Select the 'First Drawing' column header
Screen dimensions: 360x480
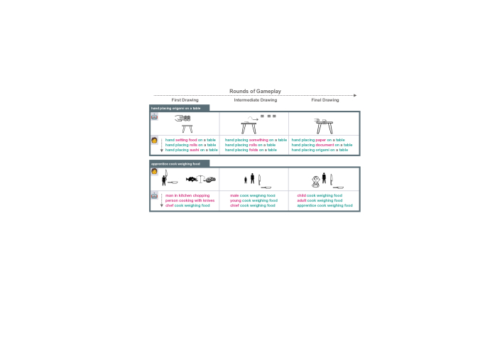point(185,100)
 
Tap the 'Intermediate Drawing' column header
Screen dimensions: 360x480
point(256,100)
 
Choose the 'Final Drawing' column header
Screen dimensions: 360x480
point(325,100)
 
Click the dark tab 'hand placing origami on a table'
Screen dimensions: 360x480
point(176,108)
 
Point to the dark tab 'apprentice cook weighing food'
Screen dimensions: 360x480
point(176,163)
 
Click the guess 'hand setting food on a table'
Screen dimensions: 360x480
point(190,140)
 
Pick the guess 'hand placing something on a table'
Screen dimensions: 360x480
point(256,140)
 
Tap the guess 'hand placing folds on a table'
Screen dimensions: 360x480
point(251,150)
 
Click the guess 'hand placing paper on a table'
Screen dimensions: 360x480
point(318,140)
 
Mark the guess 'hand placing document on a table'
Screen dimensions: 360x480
point(322,145)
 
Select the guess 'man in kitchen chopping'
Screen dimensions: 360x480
point(187,195)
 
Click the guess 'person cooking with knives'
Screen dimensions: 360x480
point(190,200)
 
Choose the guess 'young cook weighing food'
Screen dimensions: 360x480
point(253,200)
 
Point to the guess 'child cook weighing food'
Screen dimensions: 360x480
point(320,195)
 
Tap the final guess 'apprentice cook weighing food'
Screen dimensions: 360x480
point(324,205)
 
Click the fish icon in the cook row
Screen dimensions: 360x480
point(192,180)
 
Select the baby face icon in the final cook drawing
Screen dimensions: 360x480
point(315,180)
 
